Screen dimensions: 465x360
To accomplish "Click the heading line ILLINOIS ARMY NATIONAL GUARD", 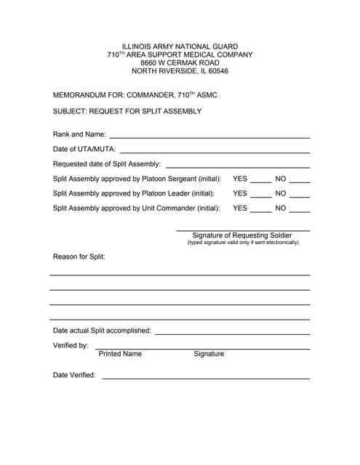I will click(x=180, y=46).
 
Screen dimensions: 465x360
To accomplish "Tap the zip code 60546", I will click(x=213, y=71).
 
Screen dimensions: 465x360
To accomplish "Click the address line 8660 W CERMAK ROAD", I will click(x=180, y=63).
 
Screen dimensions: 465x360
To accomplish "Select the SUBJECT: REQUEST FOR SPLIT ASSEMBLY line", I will click(x=127, y=111).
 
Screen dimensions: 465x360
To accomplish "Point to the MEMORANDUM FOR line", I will click(x=135, y=95).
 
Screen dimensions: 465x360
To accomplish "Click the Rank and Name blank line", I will click(x=209, y=136).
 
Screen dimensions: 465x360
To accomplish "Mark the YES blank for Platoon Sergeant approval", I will click(x=260, y=180).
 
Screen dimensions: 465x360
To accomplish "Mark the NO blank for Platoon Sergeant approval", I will click(x=300, y=180).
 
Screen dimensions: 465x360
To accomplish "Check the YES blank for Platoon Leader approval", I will click(x=260, y=195).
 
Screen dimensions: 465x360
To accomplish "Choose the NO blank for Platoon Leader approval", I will click(x=300, y=195).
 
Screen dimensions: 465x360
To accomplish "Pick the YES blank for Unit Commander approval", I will click(x=260, y=210).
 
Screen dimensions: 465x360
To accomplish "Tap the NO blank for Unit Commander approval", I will click(x=300, y=210).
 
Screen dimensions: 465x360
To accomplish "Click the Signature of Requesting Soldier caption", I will click(x=242, y=235).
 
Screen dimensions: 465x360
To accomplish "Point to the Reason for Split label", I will click(x=79, y=256).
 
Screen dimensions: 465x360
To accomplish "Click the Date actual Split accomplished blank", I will click(x=233, y=332).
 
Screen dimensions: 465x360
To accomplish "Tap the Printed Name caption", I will click(x=120, y=354).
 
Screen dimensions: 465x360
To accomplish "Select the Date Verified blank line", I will click(x=206, y=377).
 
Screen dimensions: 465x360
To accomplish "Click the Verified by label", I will click(x=71, y=345).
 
